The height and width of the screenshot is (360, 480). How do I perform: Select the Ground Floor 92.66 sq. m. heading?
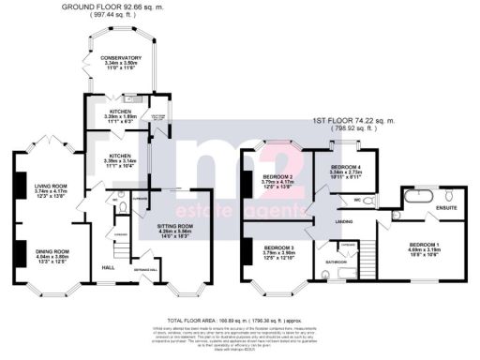click(125, 7)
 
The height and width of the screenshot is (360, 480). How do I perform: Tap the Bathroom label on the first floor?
click(335, 262)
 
